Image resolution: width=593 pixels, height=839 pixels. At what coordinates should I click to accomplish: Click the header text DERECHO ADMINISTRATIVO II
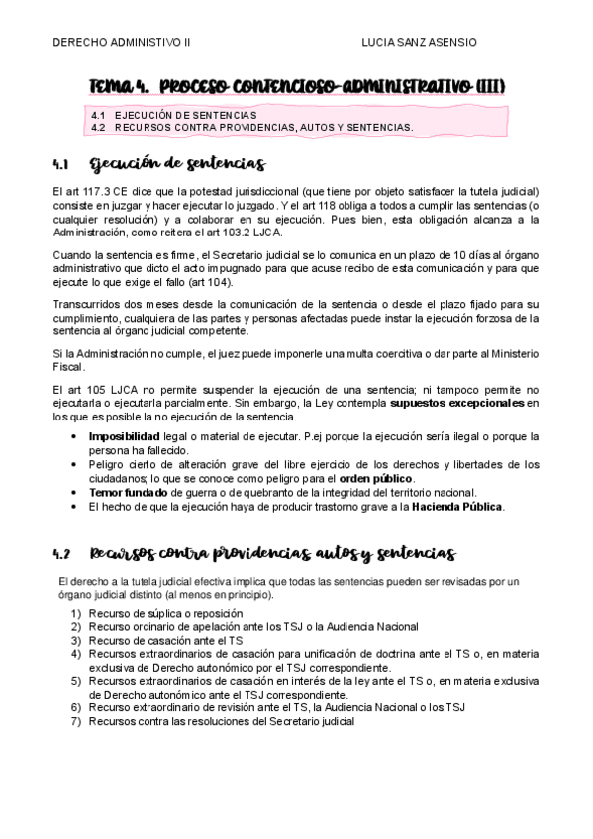pyautogui.click(x=121, y=43)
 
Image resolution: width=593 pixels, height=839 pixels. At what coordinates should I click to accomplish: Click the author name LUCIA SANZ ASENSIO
pyautogui.click(x=420, y=43)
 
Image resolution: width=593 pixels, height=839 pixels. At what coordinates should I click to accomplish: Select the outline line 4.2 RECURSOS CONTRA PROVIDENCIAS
pyautogui.click(x=251, y=127)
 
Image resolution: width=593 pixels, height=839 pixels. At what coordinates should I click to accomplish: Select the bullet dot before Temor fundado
pyautogui.click(x=76, y=493)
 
